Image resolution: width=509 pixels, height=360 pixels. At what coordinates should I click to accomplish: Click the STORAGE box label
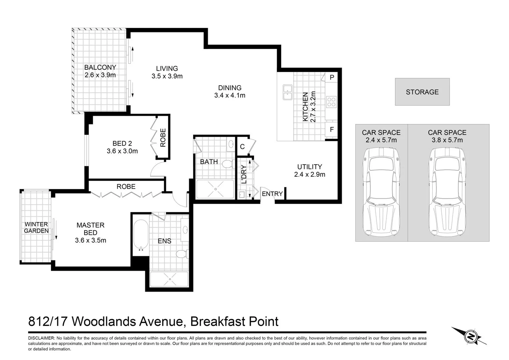422,92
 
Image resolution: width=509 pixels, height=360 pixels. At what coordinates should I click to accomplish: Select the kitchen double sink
287,92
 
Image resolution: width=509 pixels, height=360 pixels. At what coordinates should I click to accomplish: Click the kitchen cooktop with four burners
331,102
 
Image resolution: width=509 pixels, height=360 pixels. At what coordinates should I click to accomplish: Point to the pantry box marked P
331,77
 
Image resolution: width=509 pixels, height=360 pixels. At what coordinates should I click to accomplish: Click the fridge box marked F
331,129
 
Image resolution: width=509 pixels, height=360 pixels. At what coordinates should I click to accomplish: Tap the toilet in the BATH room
227,164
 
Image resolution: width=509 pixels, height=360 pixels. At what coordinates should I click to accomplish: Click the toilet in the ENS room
181,254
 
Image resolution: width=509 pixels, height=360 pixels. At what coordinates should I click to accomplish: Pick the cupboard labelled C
242,147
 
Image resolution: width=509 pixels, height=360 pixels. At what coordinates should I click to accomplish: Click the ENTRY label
272,194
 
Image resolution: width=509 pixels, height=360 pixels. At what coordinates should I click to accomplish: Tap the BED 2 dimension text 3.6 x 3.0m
122,151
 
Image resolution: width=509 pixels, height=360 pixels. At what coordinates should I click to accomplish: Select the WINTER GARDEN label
36,227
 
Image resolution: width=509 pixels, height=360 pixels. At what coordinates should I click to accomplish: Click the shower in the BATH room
215,189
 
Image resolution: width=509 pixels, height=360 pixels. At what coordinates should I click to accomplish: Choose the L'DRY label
244,174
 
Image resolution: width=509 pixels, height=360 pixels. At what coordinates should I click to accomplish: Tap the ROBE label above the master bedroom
126,187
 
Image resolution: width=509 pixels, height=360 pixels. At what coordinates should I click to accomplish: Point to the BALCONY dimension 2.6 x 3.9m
100,75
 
